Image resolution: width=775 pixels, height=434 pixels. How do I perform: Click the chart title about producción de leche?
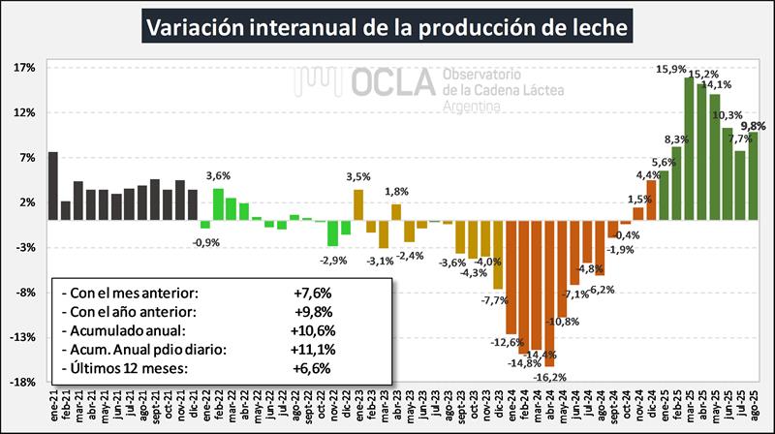[387, 26]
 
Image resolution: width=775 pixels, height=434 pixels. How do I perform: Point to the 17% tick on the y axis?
[25, 68]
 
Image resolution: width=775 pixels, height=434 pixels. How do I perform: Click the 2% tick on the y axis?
[27, 202]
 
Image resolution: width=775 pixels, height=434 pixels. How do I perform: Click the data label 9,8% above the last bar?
[754, 126]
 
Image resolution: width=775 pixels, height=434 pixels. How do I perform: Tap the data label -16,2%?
[549, 377]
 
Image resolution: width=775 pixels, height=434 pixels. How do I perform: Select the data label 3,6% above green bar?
[218, 176]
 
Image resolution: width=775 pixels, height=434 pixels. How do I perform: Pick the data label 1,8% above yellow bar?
[396, 192]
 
